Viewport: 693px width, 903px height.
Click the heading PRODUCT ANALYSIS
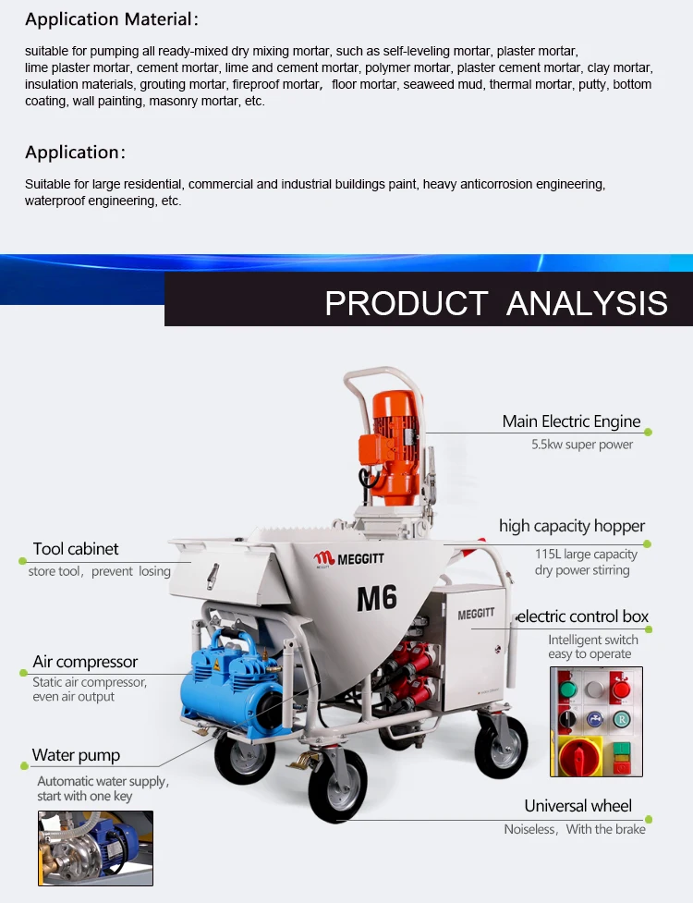click(x=496, y=303)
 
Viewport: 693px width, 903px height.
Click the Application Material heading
click(x=112, y=19)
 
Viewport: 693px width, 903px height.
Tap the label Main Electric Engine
click(x=571, y=421)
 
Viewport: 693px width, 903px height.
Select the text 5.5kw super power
click(x=582, y=445)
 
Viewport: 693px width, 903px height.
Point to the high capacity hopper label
click(x=571, y=526)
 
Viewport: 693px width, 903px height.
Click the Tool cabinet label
click(x=76, y=549)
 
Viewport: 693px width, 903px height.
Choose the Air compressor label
click(x=85, y=662)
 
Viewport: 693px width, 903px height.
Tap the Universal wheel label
click(x=578, y=806)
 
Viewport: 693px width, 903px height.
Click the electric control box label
click(x=582, y=616)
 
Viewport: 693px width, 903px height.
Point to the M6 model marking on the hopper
click(x=377, y=598)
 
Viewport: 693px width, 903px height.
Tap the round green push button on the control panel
click(x=568, y=689)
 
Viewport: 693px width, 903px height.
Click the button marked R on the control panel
click(x=622, y=718)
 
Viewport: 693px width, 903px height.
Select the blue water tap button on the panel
click(x=595, y=718)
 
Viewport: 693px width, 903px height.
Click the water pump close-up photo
click(x=95, y=848)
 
